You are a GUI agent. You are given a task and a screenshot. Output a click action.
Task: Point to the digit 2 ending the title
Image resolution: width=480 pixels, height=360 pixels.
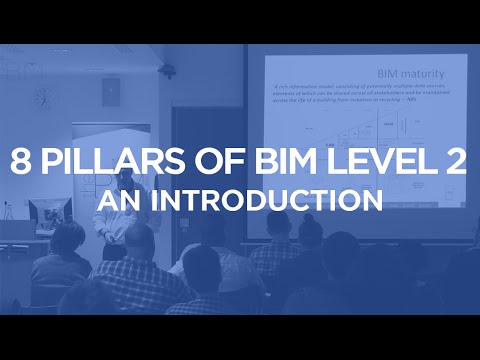456,163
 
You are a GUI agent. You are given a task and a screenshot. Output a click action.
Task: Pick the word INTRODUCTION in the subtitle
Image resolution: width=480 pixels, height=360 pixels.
269,200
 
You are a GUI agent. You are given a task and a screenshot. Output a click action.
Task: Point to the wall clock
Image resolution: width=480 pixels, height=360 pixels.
41,97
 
